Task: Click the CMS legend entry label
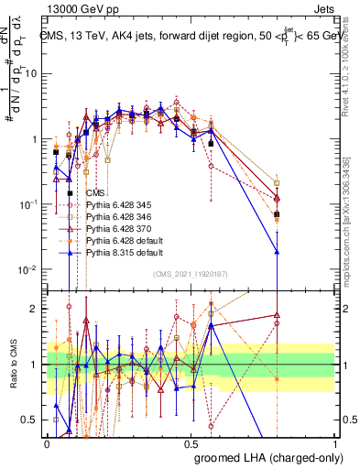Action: coord(95,193)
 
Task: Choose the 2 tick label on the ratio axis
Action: coord(38,309)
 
